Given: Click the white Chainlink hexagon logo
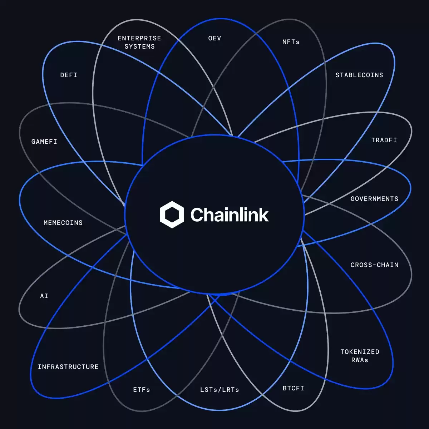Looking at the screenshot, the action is pyautogui.click(x=172, y=214).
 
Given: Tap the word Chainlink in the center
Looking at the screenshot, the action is pyautogui.click(x=230, y=214).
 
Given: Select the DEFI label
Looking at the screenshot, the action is pyautogui.click(x=69, y=75).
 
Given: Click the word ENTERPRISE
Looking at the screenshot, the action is pyautogui.click(x=139, y=38).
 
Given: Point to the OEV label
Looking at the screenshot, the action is pyautogui.click(x=214, y=38).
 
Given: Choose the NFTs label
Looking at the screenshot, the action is pyautogui.click(x=291, y=42).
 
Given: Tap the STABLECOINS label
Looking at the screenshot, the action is pyautogui.click(x=359, y=75).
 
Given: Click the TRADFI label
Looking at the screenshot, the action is pyautogui.click(x=384, y=140).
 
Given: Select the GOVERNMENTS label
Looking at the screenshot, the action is pyautogui.click(x=374, y=199).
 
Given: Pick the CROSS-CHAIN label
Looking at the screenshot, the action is pyautogui.click(x=374, y=265).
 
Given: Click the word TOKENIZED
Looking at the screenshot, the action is pyautogui.click(x=360, y=352).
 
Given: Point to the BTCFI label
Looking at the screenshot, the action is pyautogui.click(x=293, y=388).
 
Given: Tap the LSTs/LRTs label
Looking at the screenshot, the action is pyautogui.click(x=220, y=390).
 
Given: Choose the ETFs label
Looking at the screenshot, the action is pyautogui.click(x=142, y=390).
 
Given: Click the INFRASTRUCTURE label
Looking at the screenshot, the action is pyautogui.click(x=68, y=367).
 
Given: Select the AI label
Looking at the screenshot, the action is pyautogui.click(x=44, y=296).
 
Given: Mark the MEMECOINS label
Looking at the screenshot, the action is pyautogui.click(x=63, y=223).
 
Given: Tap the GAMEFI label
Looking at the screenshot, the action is pyautogui.click(x=44, y=142).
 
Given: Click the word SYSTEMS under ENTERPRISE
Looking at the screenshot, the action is pyautogui.click(x=139, y=46).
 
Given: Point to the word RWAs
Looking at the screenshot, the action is pyautogui.click(x=360, y=360).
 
